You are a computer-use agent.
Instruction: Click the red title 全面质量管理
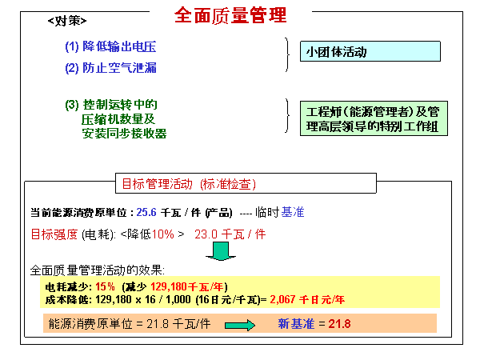click(230, 15)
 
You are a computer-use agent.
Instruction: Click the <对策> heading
click(67, 21)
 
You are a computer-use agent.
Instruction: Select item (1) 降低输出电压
click(110, 46)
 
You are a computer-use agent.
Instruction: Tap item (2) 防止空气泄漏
click(110, 68)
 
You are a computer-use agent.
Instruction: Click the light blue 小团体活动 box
click(370, 51)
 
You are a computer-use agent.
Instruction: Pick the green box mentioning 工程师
click(374, 118)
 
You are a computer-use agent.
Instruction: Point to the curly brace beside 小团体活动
click(287, 54)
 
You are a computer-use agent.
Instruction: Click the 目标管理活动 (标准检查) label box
click(246, 183)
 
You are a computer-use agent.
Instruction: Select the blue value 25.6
click(146, 212)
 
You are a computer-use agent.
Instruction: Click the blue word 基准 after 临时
click(293, 212)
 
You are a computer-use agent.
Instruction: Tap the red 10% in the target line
click(163, 234)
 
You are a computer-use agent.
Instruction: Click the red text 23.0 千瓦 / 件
click(230, 234)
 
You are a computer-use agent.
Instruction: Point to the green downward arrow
click(221, 251)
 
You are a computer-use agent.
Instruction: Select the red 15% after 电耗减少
click(105, 286)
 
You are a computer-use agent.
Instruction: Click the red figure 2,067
click(282, 299)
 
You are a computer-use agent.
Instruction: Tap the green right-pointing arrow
click(240, 325)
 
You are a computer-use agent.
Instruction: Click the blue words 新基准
click(296, 323)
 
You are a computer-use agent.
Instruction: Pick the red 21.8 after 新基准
click(339, 323)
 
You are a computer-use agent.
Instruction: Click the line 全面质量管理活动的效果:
click(98, 270)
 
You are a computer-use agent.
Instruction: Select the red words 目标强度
click(54, 234)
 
